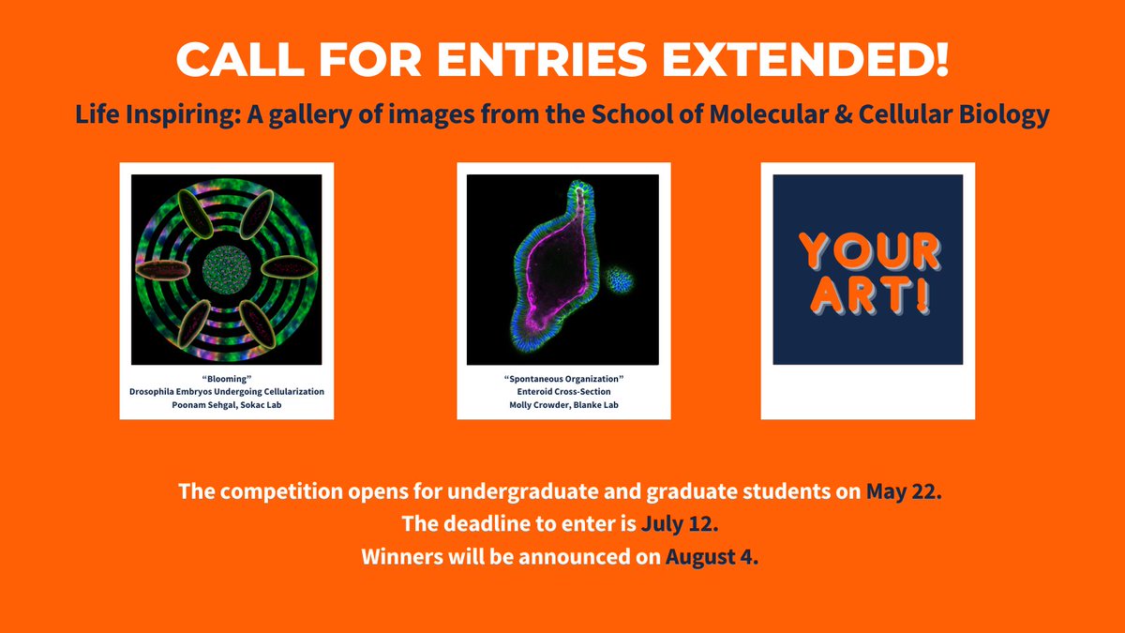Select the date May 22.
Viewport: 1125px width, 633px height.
902,491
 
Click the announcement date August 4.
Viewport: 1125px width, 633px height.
712,556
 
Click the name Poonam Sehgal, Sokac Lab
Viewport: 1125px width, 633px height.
226,404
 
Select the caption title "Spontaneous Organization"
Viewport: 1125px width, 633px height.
563,378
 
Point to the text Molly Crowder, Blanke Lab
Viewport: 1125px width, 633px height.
563,404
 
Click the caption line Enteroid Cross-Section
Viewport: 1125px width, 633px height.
563,391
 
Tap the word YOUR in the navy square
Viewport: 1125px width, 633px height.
868,251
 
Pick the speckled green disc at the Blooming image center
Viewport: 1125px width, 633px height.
226,268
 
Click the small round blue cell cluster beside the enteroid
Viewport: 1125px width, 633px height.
619,279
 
